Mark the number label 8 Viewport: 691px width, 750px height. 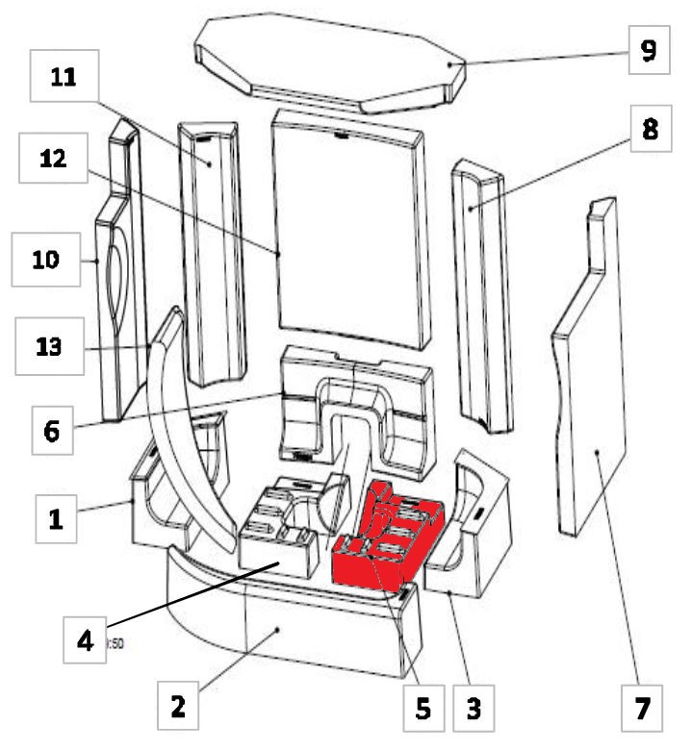[x=650, y=132]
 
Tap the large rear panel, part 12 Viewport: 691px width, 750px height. [x=348, y=231]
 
